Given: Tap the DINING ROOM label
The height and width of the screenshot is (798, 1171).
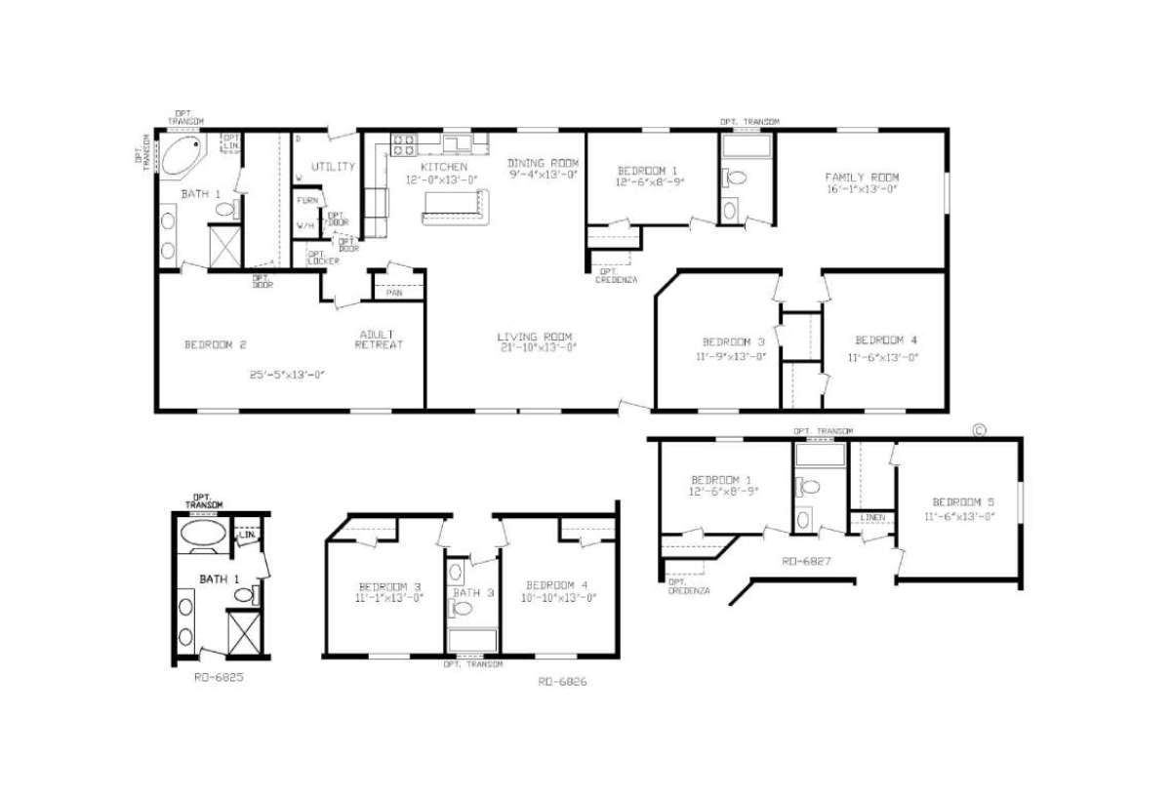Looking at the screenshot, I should click(544, 162).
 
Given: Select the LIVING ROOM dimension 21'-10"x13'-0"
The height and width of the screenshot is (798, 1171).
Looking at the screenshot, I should click(539, 348).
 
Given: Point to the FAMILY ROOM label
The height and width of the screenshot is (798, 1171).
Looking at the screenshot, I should click(862, 177).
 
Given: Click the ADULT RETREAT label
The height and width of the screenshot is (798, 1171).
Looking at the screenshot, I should click(379, 339).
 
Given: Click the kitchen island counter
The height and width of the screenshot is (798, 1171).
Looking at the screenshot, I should click(455, 206).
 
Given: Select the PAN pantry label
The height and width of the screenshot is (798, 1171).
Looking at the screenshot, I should click(395, 292).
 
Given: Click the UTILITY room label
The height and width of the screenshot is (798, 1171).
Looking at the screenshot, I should click(333, 167).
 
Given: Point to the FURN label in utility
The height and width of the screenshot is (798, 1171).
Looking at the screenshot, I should click(307, 200).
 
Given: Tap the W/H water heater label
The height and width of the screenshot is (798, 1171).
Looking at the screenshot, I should click(306, 225).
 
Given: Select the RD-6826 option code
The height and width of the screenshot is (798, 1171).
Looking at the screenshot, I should click(562, 682).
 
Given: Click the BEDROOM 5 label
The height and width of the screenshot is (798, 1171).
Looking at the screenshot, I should click(959, 501).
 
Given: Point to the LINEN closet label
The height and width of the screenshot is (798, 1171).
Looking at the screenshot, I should click(871, 517).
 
